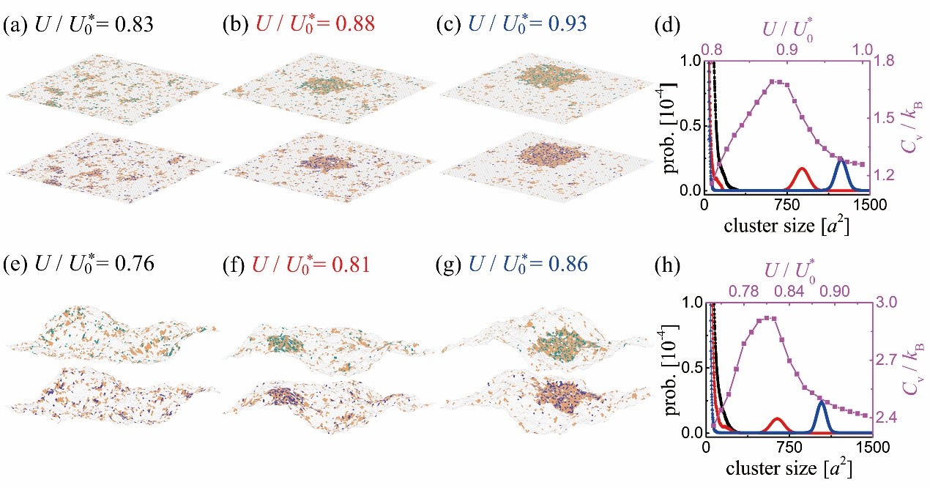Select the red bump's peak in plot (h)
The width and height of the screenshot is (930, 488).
pyautogui.click(x=777, y=419)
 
